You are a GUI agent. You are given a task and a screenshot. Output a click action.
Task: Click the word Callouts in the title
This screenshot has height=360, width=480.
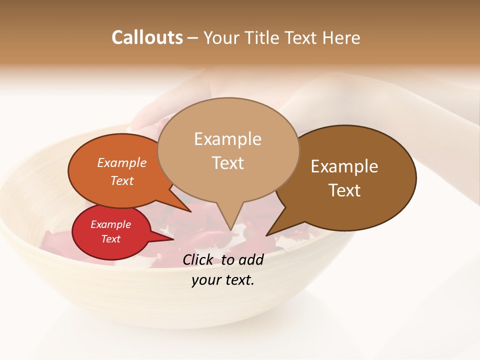147,37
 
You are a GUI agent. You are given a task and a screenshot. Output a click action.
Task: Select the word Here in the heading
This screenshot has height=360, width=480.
341,37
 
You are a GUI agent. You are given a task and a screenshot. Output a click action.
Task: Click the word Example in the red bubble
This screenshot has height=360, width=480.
110,224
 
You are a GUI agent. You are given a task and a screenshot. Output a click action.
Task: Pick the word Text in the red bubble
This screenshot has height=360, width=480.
110,239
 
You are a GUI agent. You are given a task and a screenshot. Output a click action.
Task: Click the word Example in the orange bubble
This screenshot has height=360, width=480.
122,162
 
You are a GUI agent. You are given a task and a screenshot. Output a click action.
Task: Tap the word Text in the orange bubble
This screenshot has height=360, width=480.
122,180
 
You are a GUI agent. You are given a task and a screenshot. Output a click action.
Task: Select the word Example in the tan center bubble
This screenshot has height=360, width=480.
227,139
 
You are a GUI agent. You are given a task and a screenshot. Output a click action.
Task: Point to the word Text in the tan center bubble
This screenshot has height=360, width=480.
227,162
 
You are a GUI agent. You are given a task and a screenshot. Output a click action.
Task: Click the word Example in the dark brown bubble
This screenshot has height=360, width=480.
344,166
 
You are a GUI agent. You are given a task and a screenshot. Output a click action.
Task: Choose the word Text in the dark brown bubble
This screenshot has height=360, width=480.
344,190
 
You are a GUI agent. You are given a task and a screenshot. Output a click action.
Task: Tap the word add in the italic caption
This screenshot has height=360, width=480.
251,259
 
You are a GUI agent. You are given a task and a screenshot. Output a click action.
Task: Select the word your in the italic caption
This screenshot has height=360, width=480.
205,280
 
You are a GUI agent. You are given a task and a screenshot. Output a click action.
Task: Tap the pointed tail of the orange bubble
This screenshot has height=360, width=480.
190,211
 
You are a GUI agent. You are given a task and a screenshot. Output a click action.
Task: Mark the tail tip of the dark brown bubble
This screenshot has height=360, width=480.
266,235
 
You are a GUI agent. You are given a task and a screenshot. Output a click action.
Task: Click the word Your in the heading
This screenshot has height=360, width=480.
221,37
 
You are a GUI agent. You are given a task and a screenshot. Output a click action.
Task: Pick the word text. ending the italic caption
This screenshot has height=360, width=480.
239,280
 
